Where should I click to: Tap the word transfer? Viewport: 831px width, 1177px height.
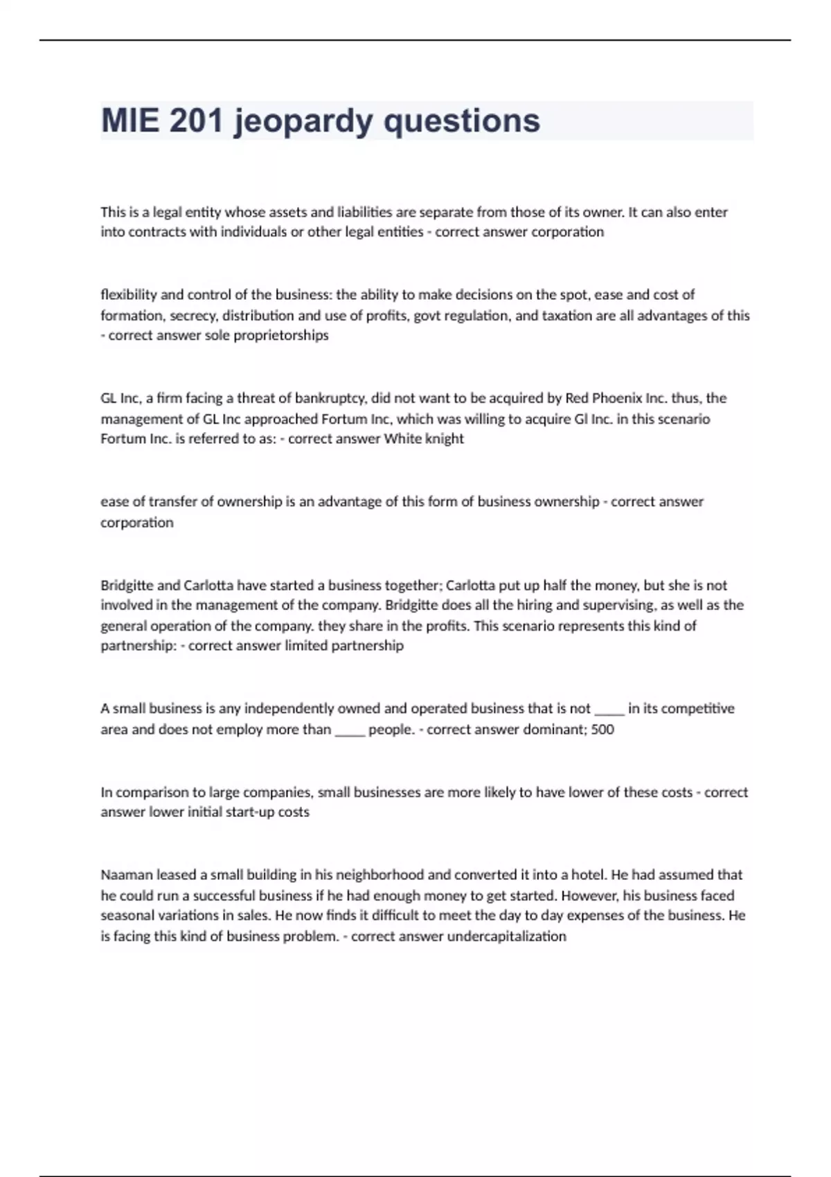(x=173, y=501)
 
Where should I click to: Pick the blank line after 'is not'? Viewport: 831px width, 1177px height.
(x=609, y=710)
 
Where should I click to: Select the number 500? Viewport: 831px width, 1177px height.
(x=602, y=729)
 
